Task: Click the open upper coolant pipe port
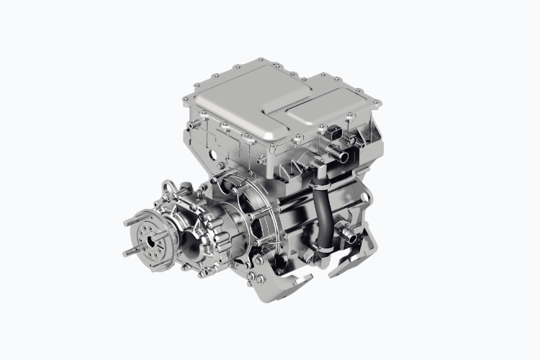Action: (344, 156)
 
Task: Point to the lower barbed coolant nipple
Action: (350, 234)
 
